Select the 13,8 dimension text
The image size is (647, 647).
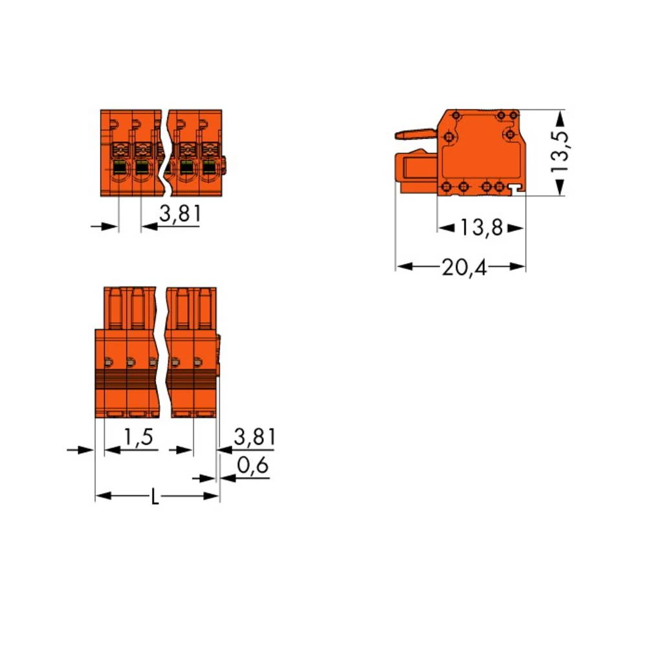click(x=481, y=228)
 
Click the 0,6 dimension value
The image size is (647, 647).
click(x=253, y=466)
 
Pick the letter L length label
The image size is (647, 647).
click(x=155, y=498)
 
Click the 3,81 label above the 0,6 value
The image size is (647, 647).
click(x=254, y=438)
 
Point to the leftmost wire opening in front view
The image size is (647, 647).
click(x=120, y=170)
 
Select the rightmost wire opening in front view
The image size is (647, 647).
click(x=208, y=170)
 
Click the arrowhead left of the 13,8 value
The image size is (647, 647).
click(x=446, y=228)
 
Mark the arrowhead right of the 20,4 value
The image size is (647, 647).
click(x=517, y=267)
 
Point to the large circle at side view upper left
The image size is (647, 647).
click(x=449, y=137)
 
